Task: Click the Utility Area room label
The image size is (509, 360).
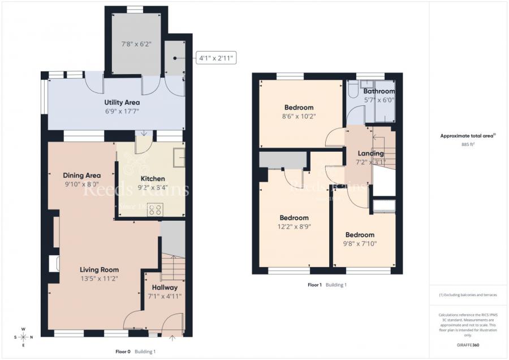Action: click(122, 102)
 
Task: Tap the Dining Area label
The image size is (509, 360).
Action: click(81, 175)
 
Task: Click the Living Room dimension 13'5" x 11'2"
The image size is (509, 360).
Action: click(98, 278)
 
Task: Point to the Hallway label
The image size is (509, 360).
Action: click(165, 288)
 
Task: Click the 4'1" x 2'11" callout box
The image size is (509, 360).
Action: click(215, 58)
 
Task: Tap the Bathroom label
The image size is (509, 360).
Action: click(378, 91)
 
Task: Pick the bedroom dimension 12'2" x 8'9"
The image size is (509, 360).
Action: click(294, 226)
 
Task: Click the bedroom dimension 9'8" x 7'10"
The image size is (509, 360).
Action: click(360, 244)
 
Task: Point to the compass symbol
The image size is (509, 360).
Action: click(23, 337)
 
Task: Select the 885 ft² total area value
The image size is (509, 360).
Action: click(468, 144)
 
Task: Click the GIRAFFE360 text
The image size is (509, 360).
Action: click(468, 344)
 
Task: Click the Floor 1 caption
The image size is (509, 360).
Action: click(314, 285)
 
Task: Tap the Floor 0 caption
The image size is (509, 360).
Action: click(123, 352)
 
